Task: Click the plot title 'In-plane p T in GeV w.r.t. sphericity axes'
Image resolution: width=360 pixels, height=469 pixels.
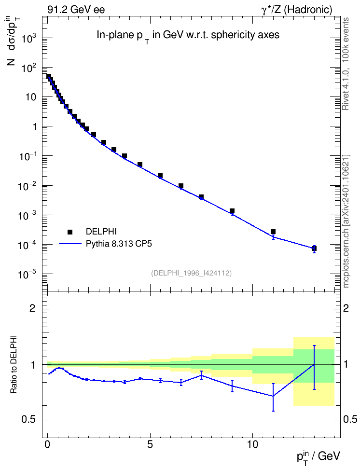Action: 188,36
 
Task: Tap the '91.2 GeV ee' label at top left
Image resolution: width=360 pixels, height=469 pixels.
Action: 76,10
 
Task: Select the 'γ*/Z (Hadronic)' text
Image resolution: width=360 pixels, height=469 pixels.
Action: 297,10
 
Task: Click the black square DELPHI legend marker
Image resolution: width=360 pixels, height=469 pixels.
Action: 70,232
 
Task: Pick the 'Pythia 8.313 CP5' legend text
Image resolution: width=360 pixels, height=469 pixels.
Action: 119,244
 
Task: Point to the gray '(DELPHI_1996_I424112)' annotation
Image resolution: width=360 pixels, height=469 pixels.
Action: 192,273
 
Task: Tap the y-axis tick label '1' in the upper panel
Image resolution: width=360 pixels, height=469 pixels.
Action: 34,127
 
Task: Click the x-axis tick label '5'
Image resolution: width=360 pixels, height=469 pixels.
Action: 150,444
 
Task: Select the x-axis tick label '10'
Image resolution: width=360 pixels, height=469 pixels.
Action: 252,444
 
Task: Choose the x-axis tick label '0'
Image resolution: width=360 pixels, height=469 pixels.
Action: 47,444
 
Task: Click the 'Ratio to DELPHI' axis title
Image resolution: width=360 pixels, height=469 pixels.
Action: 14,364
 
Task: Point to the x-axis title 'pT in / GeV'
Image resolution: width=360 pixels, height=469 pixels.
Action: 318,457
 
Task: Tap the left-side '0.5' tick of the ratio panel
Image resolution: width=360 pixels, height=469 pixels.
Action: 29,420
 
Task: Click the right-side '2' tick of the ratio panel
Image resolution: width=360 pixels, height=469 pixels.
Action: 346,308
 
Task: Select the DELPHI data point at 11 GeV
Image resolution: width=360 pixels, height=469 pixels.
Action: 273,232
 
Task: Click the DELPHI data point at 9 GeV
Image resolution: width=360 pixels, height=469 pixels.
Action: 232,211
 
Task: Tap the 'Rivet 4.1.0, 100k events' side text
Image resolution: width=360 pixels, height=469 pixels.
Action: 346,64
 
